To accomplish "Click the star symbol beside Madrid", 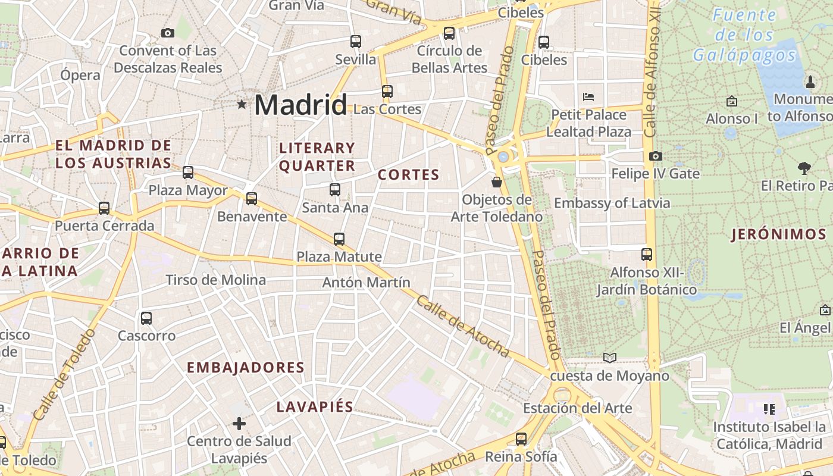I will (x=242, y=105).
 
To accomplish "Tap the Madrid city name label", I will (x=300, y=105).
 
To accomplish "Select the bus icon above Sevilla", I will (x=356, y=42).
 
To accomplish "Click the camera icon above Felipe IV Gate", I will (x=655, y=156).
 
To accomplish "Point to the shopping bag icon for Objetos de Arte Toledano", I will (x=497, y=181).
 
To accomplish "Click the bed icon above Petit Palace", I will (x=588, y=96).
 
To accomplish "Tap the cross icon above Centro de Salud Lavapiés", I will (x=239, y=424).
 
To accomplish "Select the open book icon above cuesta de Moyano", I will (x=609, y=358).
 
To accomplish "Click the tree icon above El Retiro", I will (x=804, y=168).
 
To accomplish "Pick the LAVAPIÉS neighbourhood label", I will (x=315, y=407).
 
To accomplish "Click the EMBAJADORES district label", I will (x=246, y=368).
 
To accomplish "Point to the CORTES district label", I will (x=409, y=175).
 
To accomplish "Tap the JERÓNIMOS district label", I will (x=779, y=234).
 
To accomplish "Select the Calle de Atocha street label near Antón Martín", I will (x=463, y=327).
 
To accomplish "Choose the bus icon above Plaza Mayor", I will (x=188, y=173).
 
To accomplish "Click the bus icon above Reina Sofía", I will (x=521, y=439).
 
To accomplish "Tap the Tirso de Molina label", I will (x=215, y=280).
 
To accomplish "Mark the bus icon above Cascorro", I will (x=146, y=318).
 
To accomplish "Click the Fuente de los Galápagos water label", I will (x=744, y=35).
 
